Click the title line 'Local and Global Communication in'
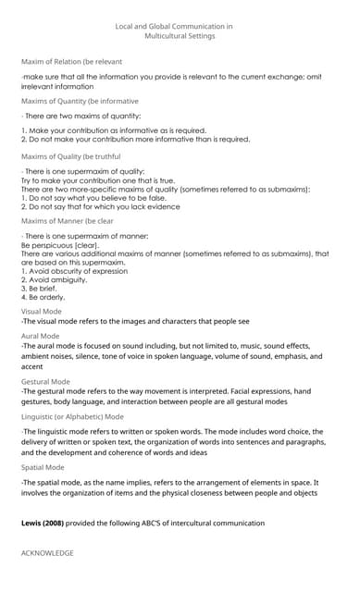174,27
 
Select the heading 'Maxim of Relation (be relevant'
71,61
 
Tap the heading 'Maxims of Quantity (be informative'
80,100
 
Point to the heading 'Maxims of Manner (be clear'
68,221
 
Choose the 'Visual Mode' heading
42,311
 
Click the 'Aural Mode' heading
40,336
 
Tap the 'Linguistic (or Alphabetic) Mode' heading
72,417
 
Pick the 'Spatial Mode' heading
43,467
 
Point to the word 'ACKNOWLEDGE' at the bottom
47,552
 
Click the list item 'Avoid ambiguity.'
54,279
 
